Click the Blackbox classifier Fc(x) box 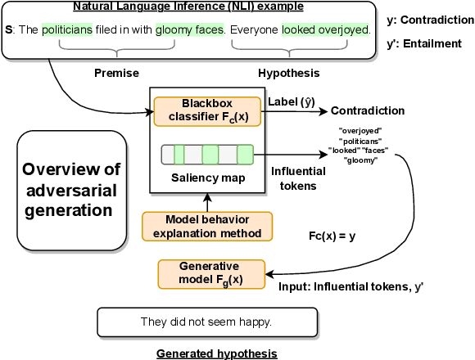point(206,112)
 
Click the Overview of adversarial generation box point(71,190)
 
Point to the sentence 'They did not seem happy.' point(206,322)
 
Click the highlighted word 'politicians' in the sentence point(67,29)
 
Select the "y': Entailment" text point(423,43)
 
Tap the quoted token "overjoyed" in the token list point(360,130)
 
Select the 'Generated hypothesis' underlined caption point(217,353)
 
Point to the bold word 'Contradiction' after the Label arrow point(367,110)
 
